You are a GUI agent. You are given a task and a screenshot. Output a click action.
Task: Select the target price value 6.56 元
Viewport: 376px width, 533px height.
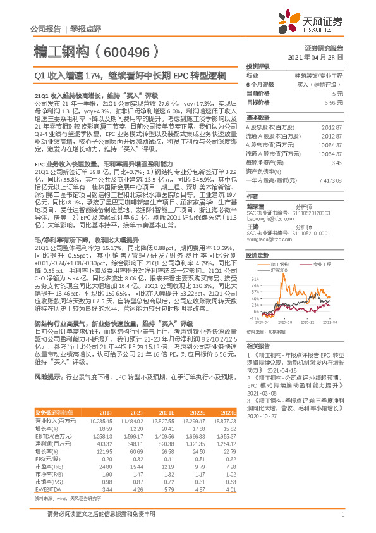click(334, 102)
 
